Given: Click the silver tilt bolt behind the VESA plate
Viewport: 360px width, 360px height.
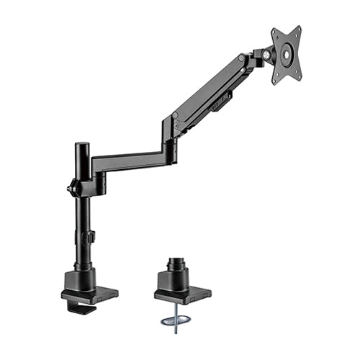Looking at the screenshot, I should click(268, 54).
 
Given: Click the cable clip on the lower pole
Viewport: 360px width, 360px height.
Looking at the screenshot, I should click(91, 237).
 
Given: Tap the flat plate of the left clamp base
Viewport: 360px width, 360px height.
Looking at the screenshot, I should click(90, 294).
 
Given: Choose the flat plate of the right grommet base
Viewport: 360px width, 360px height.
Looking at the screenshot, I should click(183, 296).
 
